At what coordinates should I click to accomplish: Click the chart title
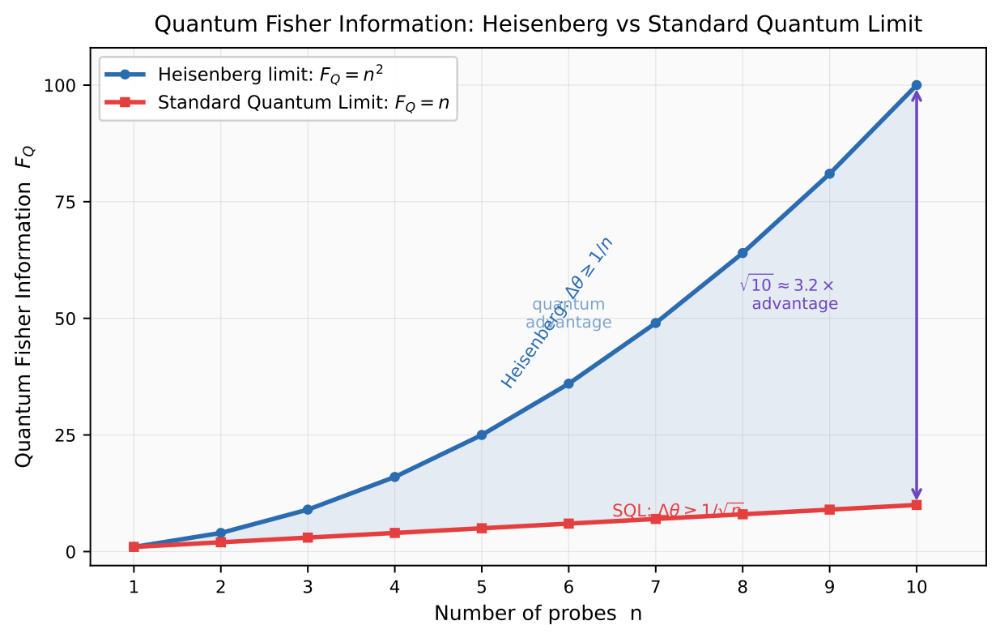(x=538, y=25)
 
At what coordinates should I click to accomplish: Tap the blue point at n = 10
(x=917, y=85)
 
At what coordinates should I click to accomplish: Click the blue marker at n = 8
(x=743, y=253)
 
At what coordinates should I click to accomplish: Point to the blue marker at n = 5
(x=482, y=435)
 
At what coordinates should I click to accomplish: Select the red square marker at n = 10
(x=917, y=505)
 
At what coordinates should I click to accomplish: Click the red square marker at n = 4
(x=394, y=533)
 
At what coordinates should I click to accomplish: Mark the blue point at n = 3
(x=308, y=509)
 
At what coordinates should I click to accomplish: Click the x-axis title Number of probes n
(x=538, y=614)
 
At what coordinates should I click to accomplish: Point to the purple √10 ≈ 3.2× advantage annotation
(x=789, y=294)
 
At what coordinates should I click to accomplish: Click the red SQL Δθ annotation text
(x=677, y=511)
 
